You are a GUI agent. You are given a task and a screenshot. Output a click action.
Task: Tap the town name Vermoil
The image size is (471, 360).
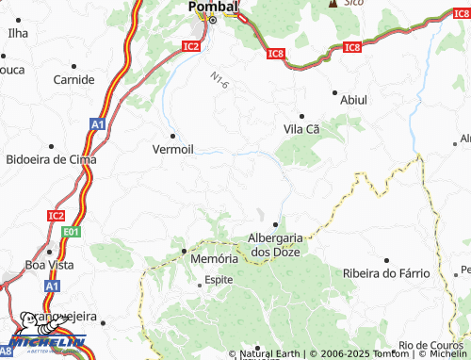point(174,148)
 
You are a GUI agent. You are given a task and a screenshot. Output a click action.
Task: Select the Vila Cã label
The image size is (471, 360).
point(302,128)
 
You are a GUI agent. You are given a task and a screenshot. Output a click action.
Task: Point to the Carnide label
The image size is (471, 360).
point(74,79)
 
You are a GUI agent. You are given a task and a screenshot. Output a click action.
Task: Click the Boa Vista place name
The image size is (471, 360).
point(48,264)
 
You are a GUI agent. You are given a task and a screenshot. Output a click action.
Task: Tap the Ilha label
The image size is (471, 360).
point(18,33)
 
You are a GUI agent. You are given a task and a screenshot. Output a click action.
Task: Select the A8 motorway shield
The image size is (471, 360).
point(8,349)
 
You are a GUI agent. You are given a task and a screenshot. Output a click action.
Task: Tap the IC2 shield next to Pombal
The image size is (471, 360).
point(192,44)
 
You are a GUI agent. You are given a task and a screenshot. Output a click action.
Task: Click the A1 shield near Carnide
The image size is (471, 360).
point(98,123)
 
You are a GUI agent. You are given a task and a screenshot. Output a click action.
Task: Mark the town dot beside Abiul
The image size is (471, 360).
point(334,92)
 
